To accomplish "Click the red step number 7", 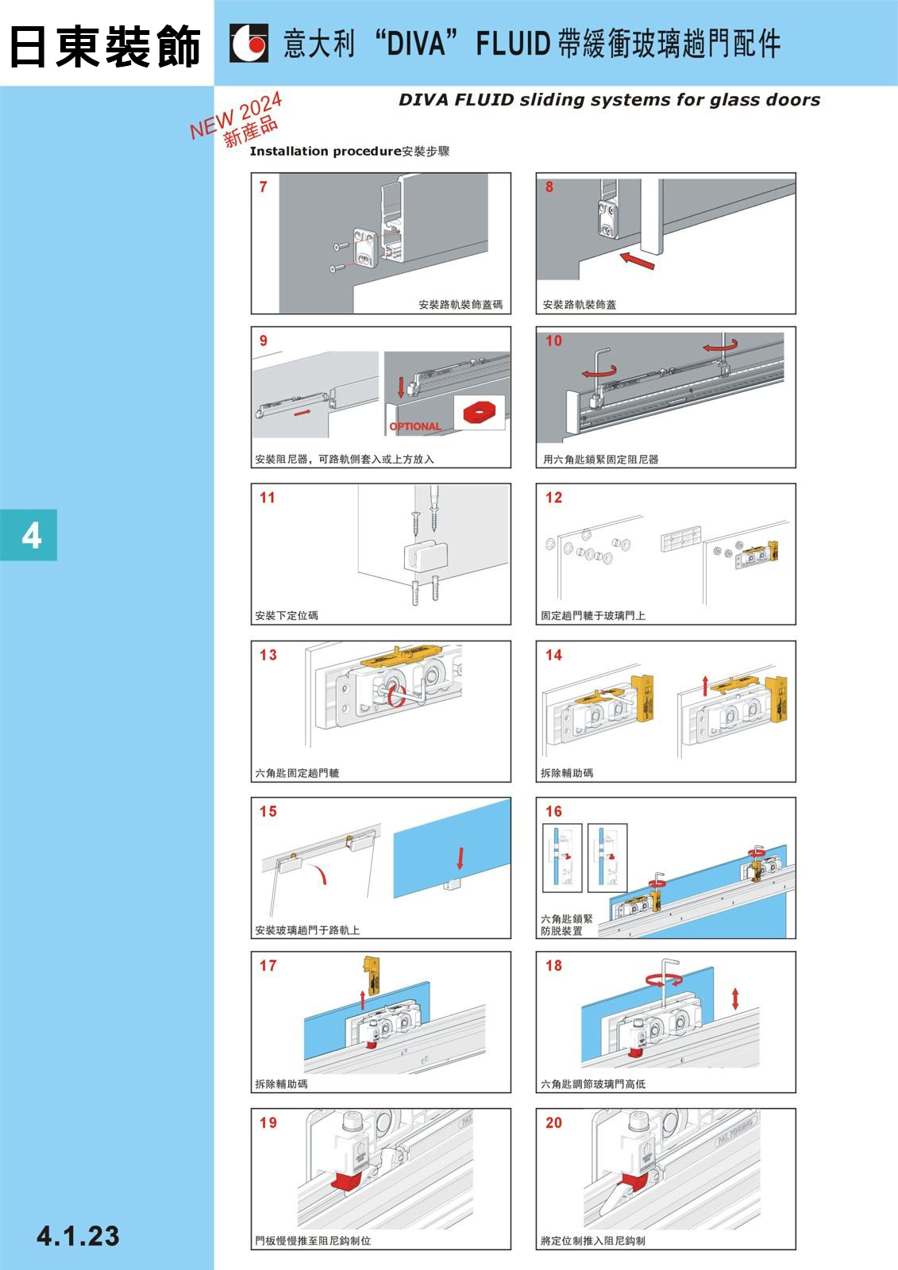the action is (264, 187).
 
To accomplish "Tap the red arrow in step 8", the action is (637, 261).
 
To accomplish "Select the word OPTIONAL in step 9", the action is (414, 426).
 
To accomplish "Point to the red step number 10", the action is (553, 341).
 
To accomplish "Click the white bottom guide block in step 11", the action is (426, 556).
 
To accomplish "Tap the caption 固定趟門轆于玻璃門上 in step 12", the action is (593, 615).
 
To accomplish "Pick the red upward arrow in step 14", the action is (705, 686).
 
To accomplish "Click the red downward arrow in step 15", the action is (460, 858).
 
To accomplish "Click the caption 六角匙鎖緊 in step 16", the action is (566, 918).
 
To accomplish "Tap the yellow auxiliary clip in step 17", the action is (371, 976).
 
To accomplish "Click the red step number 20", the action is (553, 1122).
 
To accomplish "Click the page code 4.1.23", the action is (79, 1236).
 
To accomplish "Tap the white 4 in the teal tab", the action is (31, 535).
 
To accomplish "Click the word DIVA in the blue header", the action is (416, 44).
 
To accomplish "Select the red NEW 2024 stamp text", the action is (236, 115).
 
